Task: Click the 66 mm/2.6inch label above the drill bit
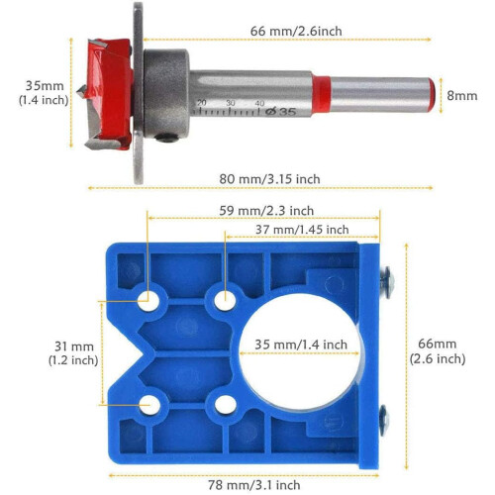[296, 31]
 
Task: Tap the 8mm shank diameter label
[462, 96]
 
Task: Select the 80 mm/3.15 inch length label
[269, 179]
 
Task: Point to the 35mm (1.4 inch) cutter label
[44, 93]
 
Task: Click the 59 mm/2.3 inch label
[266, 211]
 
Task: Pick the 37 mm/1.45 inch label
[302, 230]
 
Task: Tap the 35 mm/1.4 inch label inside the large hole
[301, 345]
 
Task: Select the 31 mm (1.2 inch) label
[73, 353]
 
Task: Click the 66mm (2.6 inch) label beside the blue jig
[438, 351]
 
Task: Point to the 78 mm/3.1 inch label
[254, 485]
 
